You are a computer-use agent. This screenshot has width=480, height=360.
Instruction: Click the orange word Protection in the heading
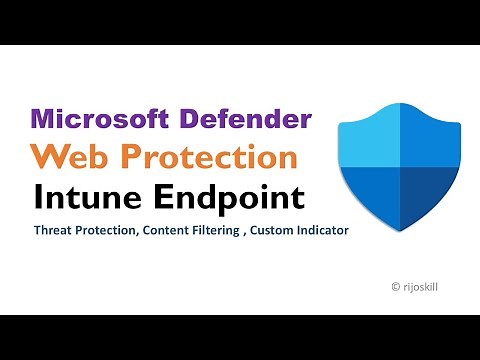tap(213, 158)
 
